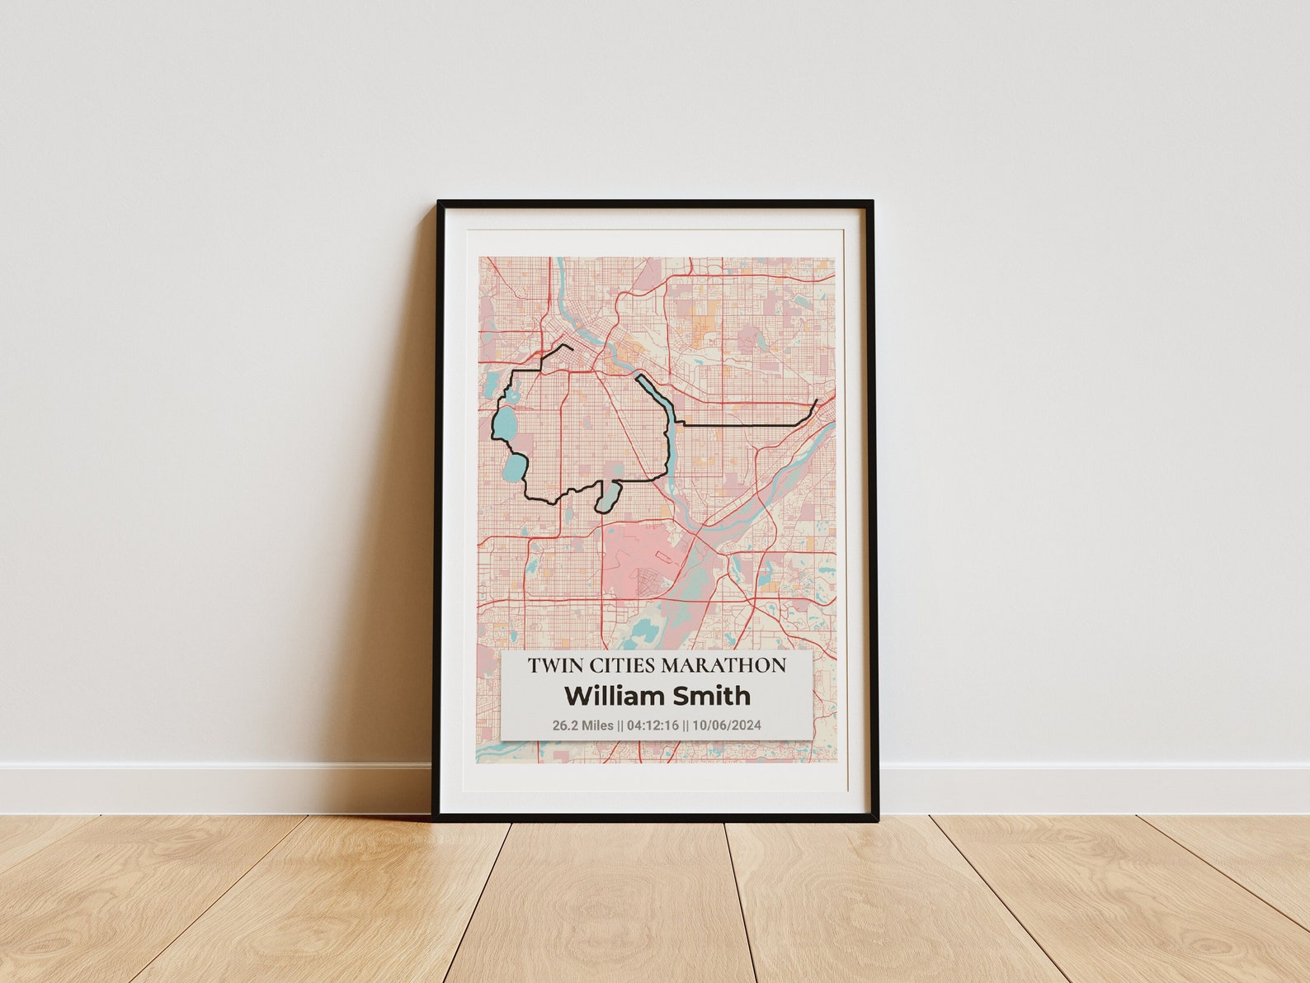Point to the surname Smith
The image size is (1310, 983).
(x=712, y=696)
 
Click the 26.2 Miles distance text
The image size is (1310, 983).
(x=582, y=725)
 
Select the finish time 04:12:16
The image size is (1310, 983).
(x=653, y=725)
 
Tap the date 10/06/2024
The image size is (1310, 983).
(x=727, y=725)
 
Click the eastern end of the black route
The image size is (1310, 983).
(x=817, y=400)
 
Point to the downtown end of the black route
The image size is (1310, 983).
(x=572, y=349)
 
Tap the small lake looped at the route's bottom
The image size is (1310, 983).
(x=608, y=498)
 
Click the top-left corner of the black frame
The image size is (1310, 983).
(x=439, y=201)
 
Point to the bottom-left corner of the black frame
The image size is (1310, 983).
(x=433, y=819)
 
